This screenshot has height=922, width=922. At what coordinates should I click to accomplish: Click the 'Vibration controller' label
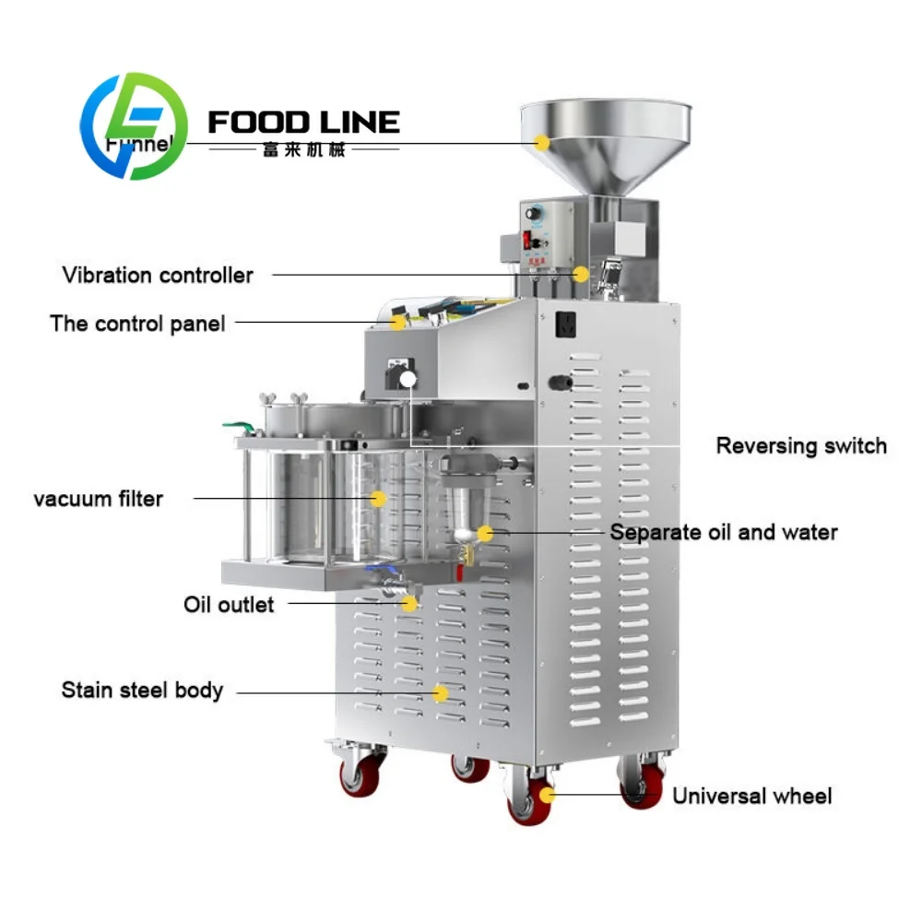coord(158,275)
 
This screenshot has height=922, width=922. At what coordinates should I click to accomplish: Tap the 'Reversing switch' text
coord(800,446)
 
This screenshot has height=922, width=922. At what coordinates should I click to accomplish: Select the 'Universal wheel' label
coord(751,796)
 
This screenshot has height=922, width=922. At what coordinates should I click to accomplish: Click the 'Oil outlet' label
coord(229,605)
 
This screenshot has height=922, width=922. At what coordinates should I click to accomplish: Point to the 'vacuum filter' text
coord(99,499)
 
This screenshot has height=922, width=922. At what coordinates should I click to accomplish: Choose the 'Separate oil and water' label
coord(724,532)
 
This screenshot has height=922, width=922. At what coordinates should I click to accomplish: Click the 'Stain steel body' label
coord(142,690)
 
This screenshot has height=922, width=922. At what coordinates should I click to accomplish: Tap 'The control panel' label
coord(137,324)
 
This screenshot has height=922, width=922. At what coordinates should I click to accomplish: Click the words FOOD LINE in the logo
coord(303,122)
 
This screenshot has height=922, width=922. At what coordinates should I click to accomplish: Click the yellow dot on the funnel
coord(543,143)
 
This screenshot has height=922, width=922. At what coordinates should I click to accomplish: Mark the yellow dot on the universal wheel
coord(547,795)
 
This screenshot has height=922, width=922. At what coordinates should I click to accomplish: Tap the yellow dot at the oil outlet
coord(410,603)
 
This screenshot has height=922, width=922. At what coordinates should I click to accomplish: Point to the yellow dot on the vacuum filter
coord(377,498)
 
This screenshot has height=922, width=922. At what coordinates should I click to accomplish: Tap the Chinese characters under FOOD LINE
coord(303,148)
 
